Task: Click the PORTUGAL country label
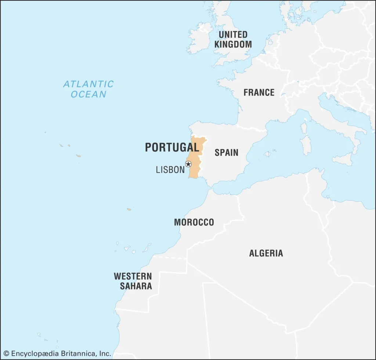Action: point(172,147)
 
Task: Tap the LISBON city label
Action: point(170,170)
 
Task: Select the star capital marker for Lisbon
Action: point(188,164)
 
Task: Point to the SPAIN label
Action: point(226,152)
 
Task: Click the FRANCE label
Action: point(259,92)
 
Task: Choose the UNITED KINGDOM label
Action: point(233,39)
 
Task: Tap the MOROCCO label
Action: point(194,222)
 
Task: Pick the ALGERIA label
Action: point(266,253)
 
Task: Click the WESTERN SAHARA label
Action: point(133,281)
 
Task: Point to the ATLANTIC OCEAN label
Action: point(88,89)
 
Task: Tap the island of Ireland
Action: point(199,39)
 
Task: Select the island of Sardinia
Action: point(305,145)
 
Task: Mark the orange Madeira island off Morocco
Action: point(129,209)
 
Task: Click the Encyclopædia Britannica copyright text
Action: point(57,354)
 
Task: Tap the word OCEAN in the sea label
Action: point(88,94)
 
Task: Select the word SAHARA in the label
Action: point(136,286)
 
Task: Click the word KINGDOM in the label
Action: point(233,44)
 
